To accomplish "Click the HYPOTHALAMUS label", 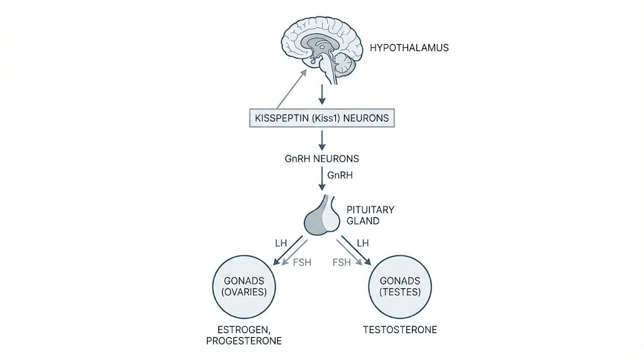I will tap(409, 47).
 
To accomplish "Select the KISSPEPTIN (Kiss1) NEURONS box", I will tap(322, 118).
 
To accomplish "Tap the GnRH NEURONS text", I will tap(322, 159).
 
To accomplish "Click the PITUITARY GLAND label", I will tap(370, 215).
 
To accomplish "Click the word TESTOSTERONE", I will tap(400, 330).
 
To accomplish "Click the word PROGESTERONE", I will tap(243, 341).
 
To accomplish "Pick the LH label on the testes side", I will tap(362, 242).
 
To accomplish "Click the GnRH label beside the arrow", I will tap(340, 176).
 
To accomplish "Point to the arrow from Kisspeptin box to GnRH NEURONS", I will tap(322, 139).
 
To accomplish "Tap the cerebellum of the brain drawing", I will tap(345, 64).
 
